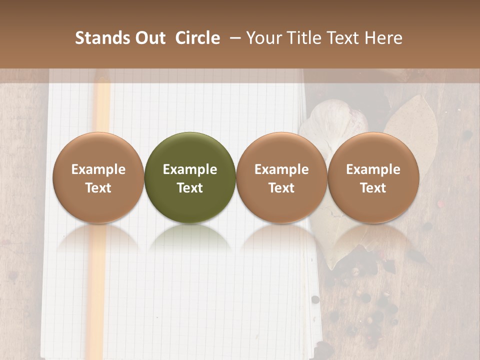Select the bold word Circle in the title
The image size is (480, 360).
[197, 38]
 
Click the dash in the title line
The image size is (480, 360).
[232, 38]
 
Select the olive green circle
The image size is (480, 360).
[190, 177]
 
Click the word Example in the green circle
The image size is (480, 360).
[190, 169]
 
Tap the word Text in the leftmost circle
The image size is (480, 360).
[98, 188]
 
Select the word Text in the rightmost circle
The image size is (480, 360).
[373, 188]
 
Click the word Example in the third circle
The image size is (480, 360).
[281, 169]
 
